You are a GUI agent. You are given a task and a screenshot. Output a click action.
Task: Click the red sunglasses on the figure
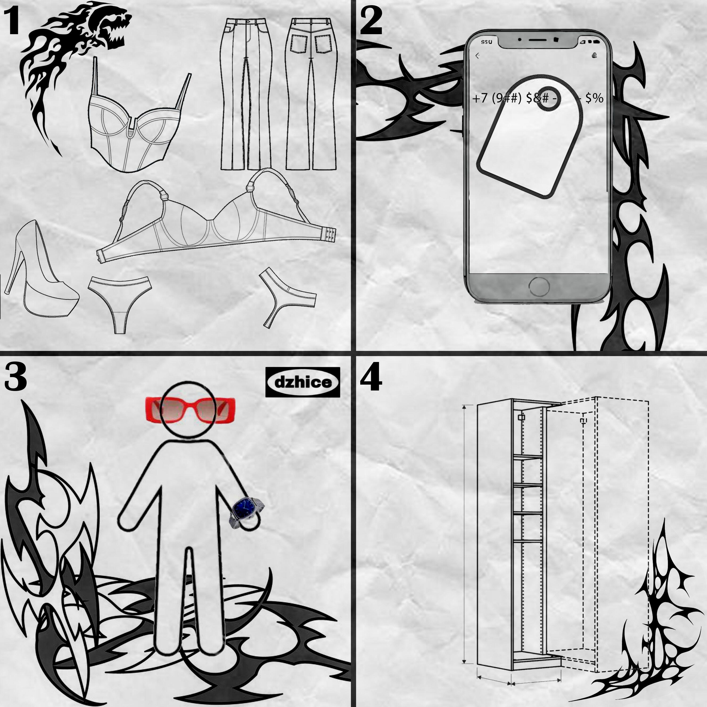click(190, 410)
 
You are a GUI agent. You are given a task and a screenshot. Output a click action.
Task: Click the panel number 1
click(11, 22)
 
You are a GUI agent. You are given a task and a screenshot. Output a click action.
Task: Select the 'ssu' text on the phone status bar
click(486, 42)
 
